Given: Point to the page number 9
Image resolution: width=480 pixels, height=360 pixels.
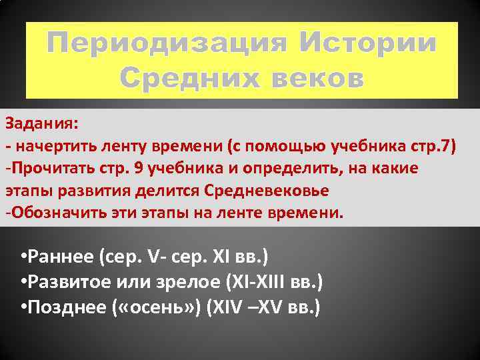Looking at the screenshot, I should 137,168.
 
